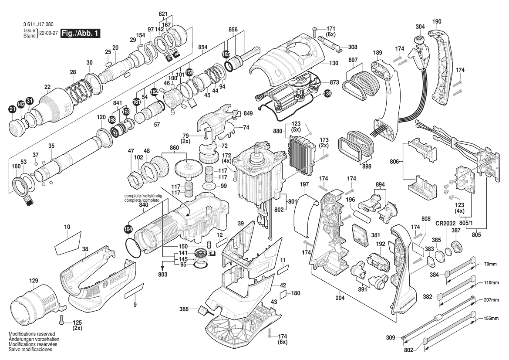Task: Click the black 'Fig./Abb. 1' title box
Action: (x=80, y=33)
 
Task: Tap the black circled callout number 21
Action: (x=12, y=110)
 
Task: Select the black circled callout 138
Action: (x=328, y=94)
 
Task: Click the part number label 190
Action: (x=437, y=22)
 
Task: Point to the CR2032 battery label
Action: (x=445, y=224)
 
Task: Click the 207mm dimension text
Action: (x=492, y=299)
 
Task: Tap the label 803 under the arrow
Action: (x=163, y=275)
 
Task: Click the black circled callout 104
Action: (x=128, y=229)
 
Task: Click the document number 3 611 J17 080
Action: (x=38, y=24)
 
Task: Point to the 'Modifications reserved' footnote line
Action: (x=31, y=334)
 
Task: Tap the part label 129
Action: (x=34, y=280)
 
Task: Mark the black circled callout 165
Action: (x=226, y=54)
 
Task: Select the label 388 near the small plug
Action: (x=184, y=309)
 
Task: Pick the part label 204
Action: (x=340, y=298)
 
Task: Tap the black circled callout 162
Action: (x=154, y=92)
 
